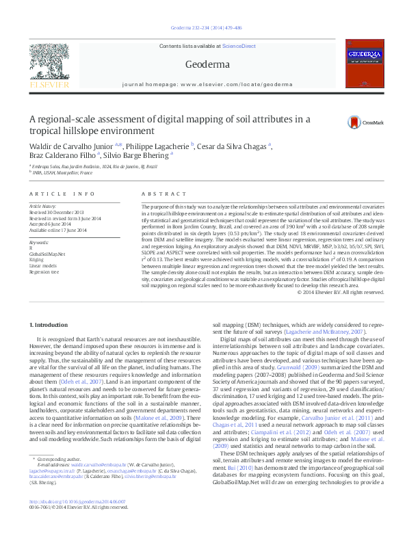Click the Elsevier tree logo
pyautogui.click(x=46, y=66)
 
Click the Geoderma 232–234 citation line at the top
pyautogui.click(x=203, y=28)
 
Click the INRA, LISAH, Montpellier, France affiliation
pyautogui.click(x=64, y=173)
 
